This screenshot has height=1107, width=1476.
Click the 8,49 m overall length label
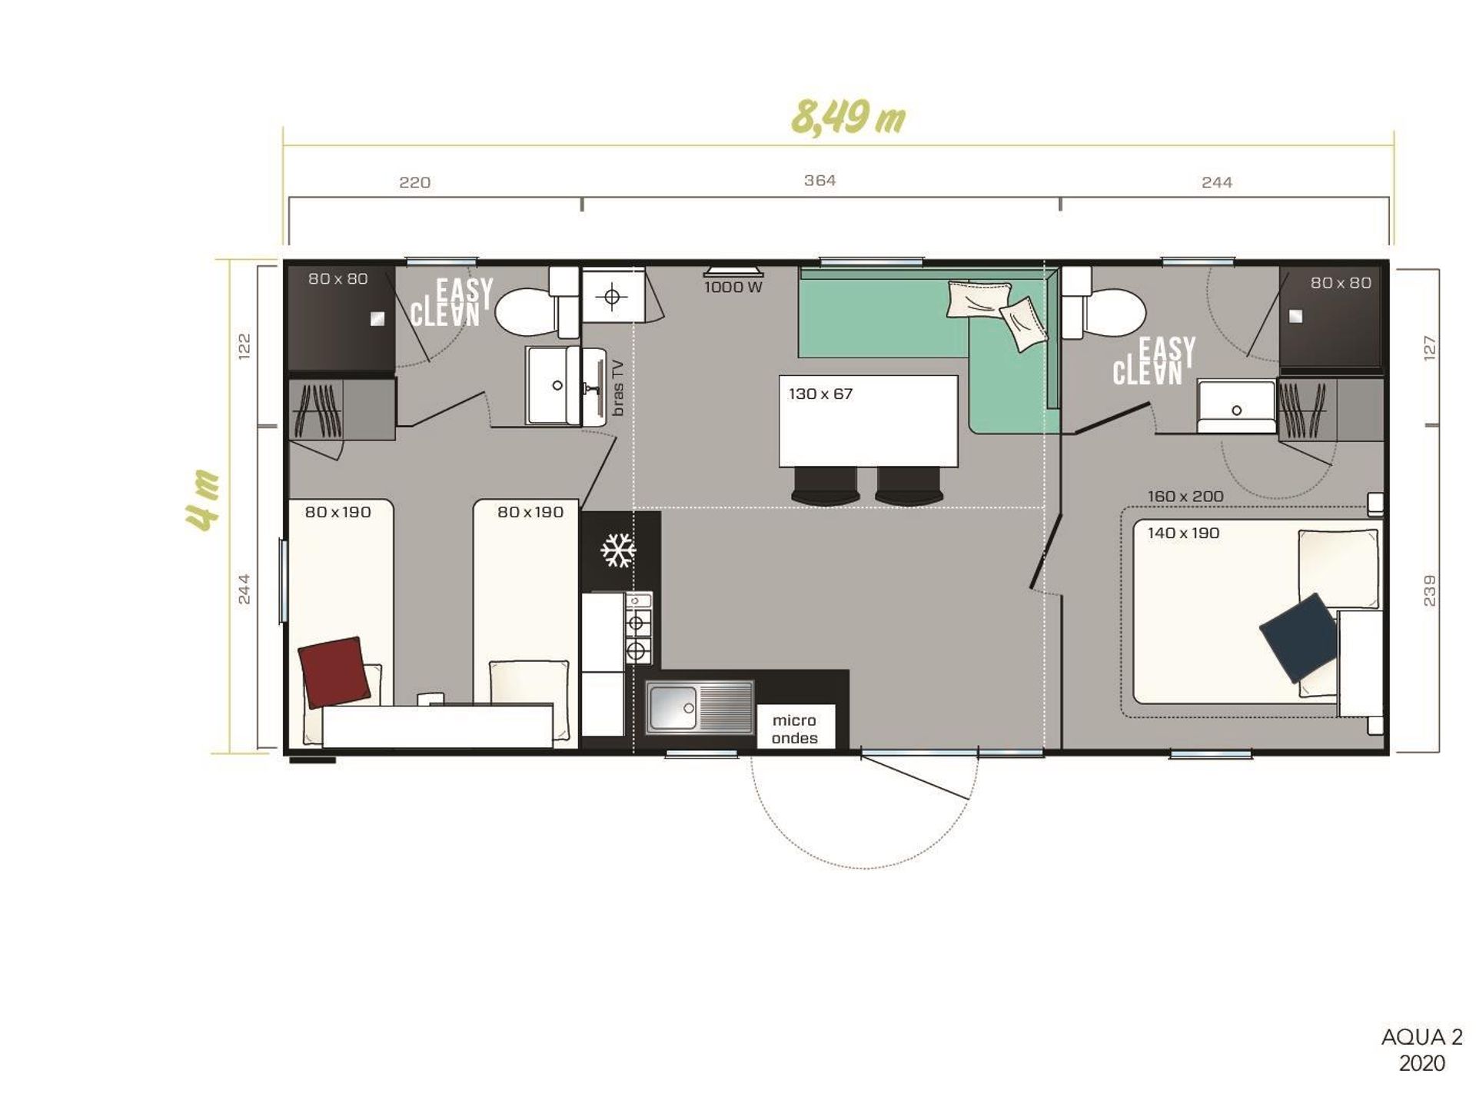click(x=849, y=118)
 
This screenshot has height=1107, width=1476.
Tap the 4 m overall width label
click(x=203, y=500)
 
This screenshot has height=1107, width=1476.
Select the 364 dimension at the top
click(x=819, y=180)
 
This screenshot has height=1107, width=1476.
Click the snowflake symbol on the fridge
click(x=618, y=550)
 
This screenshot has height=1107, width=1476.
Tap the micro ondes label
click(x=795, y=729)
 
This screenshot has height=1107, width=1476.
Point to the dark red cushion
click(x=334, y=671)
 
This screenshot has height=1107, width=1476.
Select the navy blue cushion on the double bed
click(x=1298, y=637)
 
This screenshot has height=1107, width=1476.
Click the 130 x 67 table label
click(x=820, y=394)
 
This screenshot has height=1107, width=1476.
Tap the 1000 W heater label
click(x=733, y=288)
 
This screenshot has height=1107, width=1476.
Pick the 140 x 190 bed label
click(x=1183, y=533)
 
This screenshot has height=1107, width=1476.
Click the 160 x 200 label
click(x=1185, y=497)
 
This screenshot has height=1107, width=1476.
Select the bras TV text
click(x=618, y=387)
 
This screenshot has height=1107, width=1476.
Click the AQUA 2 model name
click(x=1421, y=1037)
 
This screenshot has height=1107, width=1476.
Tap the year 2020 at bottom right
click(x=1421, y=1063)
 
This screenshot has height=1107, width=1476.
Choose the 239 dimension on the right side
click(x=1429, y=590)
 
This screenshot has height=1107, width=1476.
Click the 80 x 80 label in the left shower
click(x=338, y=278)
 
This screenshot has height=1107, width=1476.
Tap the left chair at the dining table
click(x=826, y=487)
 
